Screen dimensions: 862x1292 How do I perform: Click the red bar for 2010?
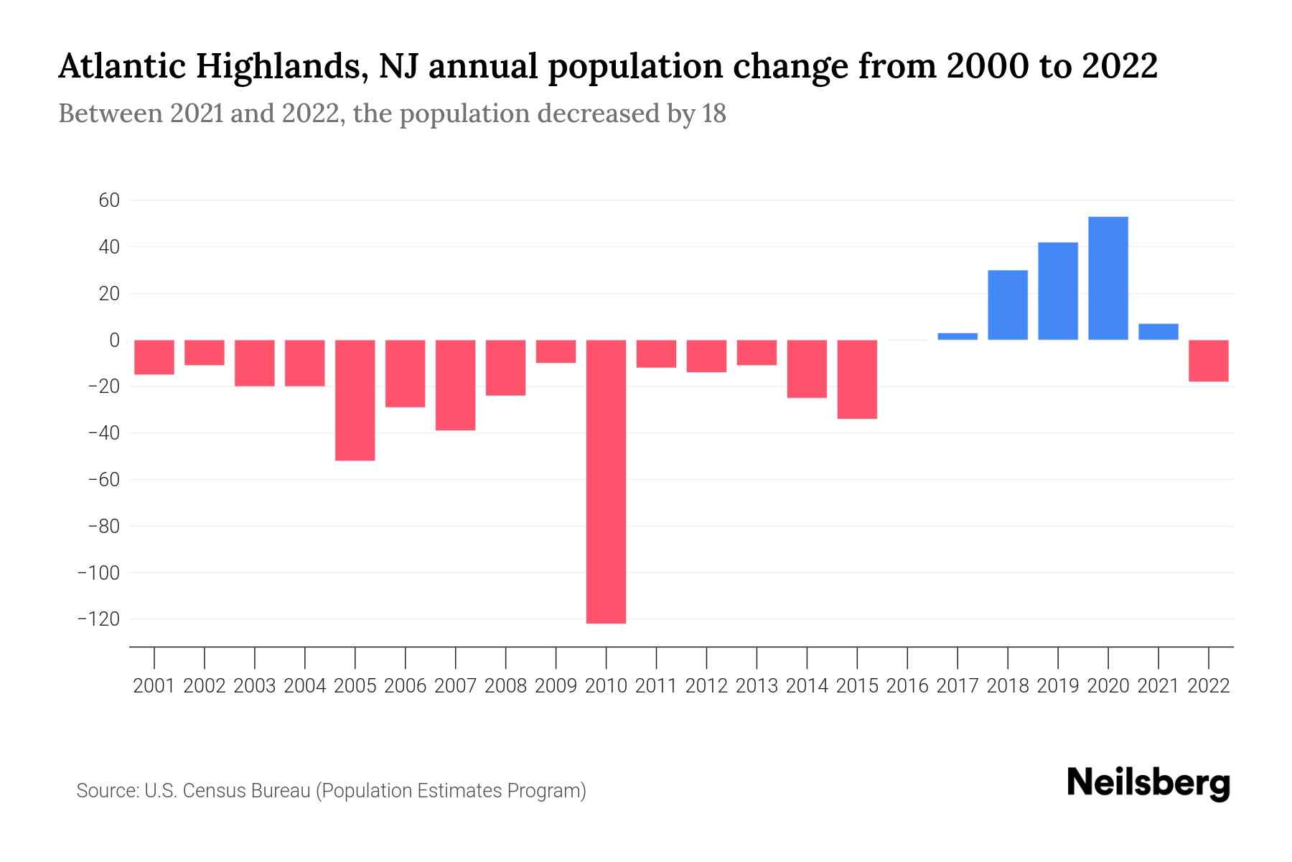coord(606,481)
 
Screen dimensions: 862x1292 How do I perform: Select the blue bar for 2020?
coord(1108,278)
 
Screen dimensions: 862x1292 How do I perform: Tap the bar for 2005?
coord(355,399)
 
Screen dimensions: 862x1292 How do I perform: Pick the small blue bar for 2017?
coord(958,336)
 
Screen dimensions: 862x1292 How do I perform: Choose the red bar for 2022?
coord(1209,361)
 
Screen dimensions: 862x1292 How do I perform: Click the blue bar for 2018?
coord(1008,305)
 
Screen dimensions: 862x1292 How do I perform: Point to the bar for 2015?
coord(857,379)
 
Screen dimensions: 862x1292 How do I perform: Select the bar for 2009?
coord(556,351)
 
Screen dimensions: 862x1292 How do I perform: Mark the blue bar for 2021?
coord(1158,332)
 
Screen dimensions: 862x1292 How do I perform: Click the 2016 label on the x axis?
coord(907,686)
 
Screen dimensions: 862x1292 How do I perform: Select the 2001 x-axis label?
coord(154,686)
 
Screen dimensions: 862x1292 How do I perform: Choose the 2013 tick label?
coord(757,686)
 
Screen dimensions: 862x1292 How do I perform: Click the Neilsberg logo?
coord(1148,783)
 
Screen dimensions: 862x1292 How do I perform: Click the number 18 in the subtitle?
coord(713,113)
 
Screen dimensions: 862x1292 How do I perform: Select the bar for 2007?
coord(455,385)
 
